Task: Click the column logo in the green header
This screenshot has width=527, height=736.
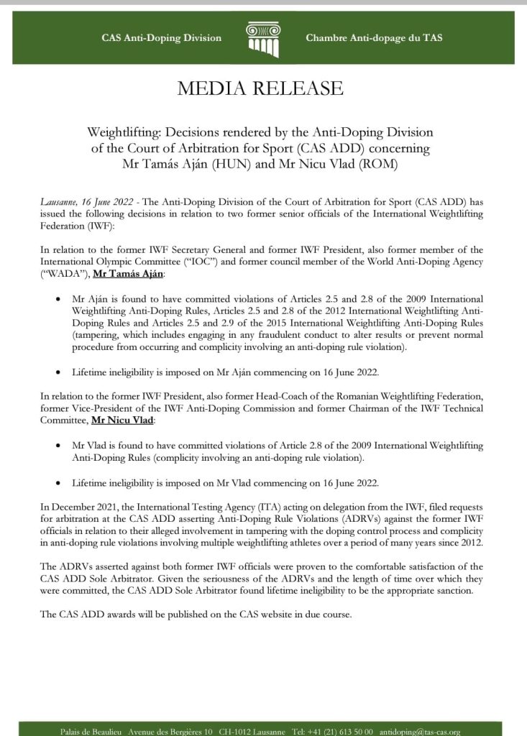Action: [263, 37]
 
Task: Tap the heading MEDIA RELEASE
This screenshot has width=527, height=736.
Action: [263, 88]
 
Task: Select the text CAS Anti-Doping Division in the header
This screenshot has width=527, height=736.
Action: [162, 38]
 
